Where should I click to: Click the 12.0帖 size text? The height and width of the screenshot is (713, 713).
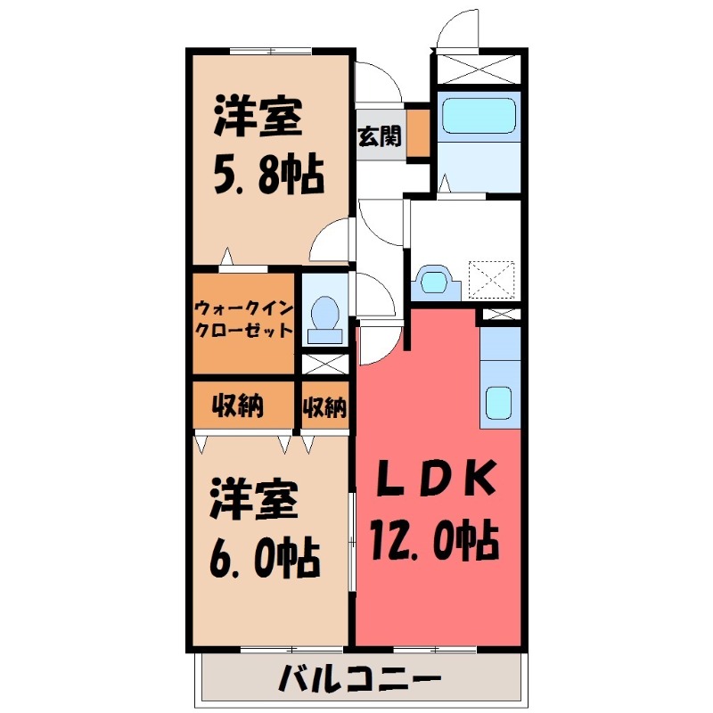point(434,538)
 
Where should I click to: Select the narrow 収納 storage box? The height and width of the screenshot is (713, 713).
point(324,407)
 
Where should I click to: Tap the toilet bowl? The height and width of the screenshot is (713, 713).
point(324,316)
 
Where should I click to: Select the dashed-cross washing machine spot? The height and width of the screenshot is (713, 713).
point(492,278)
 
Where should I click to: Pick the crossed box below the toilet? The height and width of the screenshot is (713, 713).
point(324,364)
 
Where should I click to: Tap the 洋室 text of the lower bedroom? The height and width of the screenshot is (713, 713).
point(254,502)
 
